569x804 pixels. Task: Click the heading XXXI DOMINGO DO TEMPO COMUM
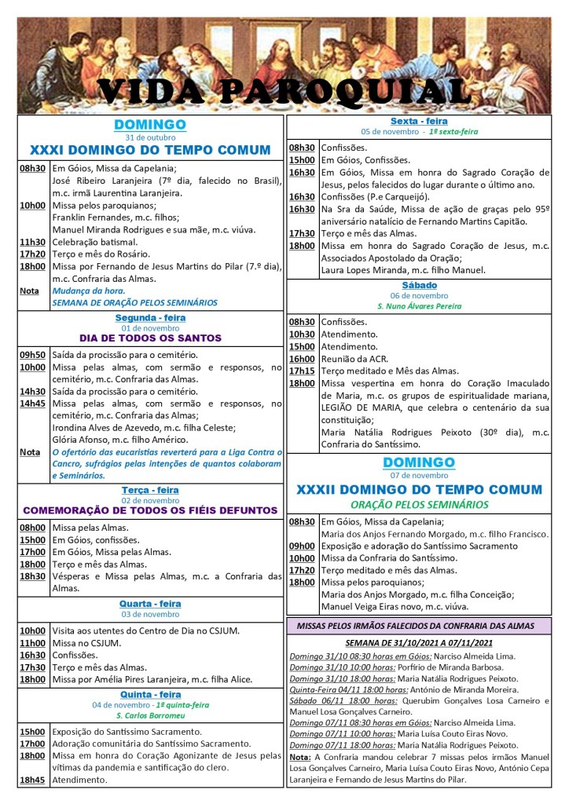(x=150, y=150)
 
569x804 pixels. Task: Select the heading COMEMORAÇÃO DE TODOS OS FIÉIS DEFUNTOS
(x=150, y=510)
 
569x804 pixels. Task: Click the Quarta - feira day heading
(x=150, y=604)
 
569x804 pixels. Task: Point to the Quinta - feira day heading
(x=150, y=695)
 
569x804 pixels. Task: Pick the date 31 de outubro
(x=150, y=137)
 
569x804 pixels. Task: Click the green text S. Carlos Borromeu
(x=150, y=716)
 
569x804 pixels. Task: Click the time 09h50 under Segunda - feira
(x=33, y=355)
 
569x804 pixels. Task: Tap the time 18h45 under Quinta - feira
(x=33, y=780)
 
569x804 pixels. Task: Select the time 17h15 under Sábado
(x=302, y=371)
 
